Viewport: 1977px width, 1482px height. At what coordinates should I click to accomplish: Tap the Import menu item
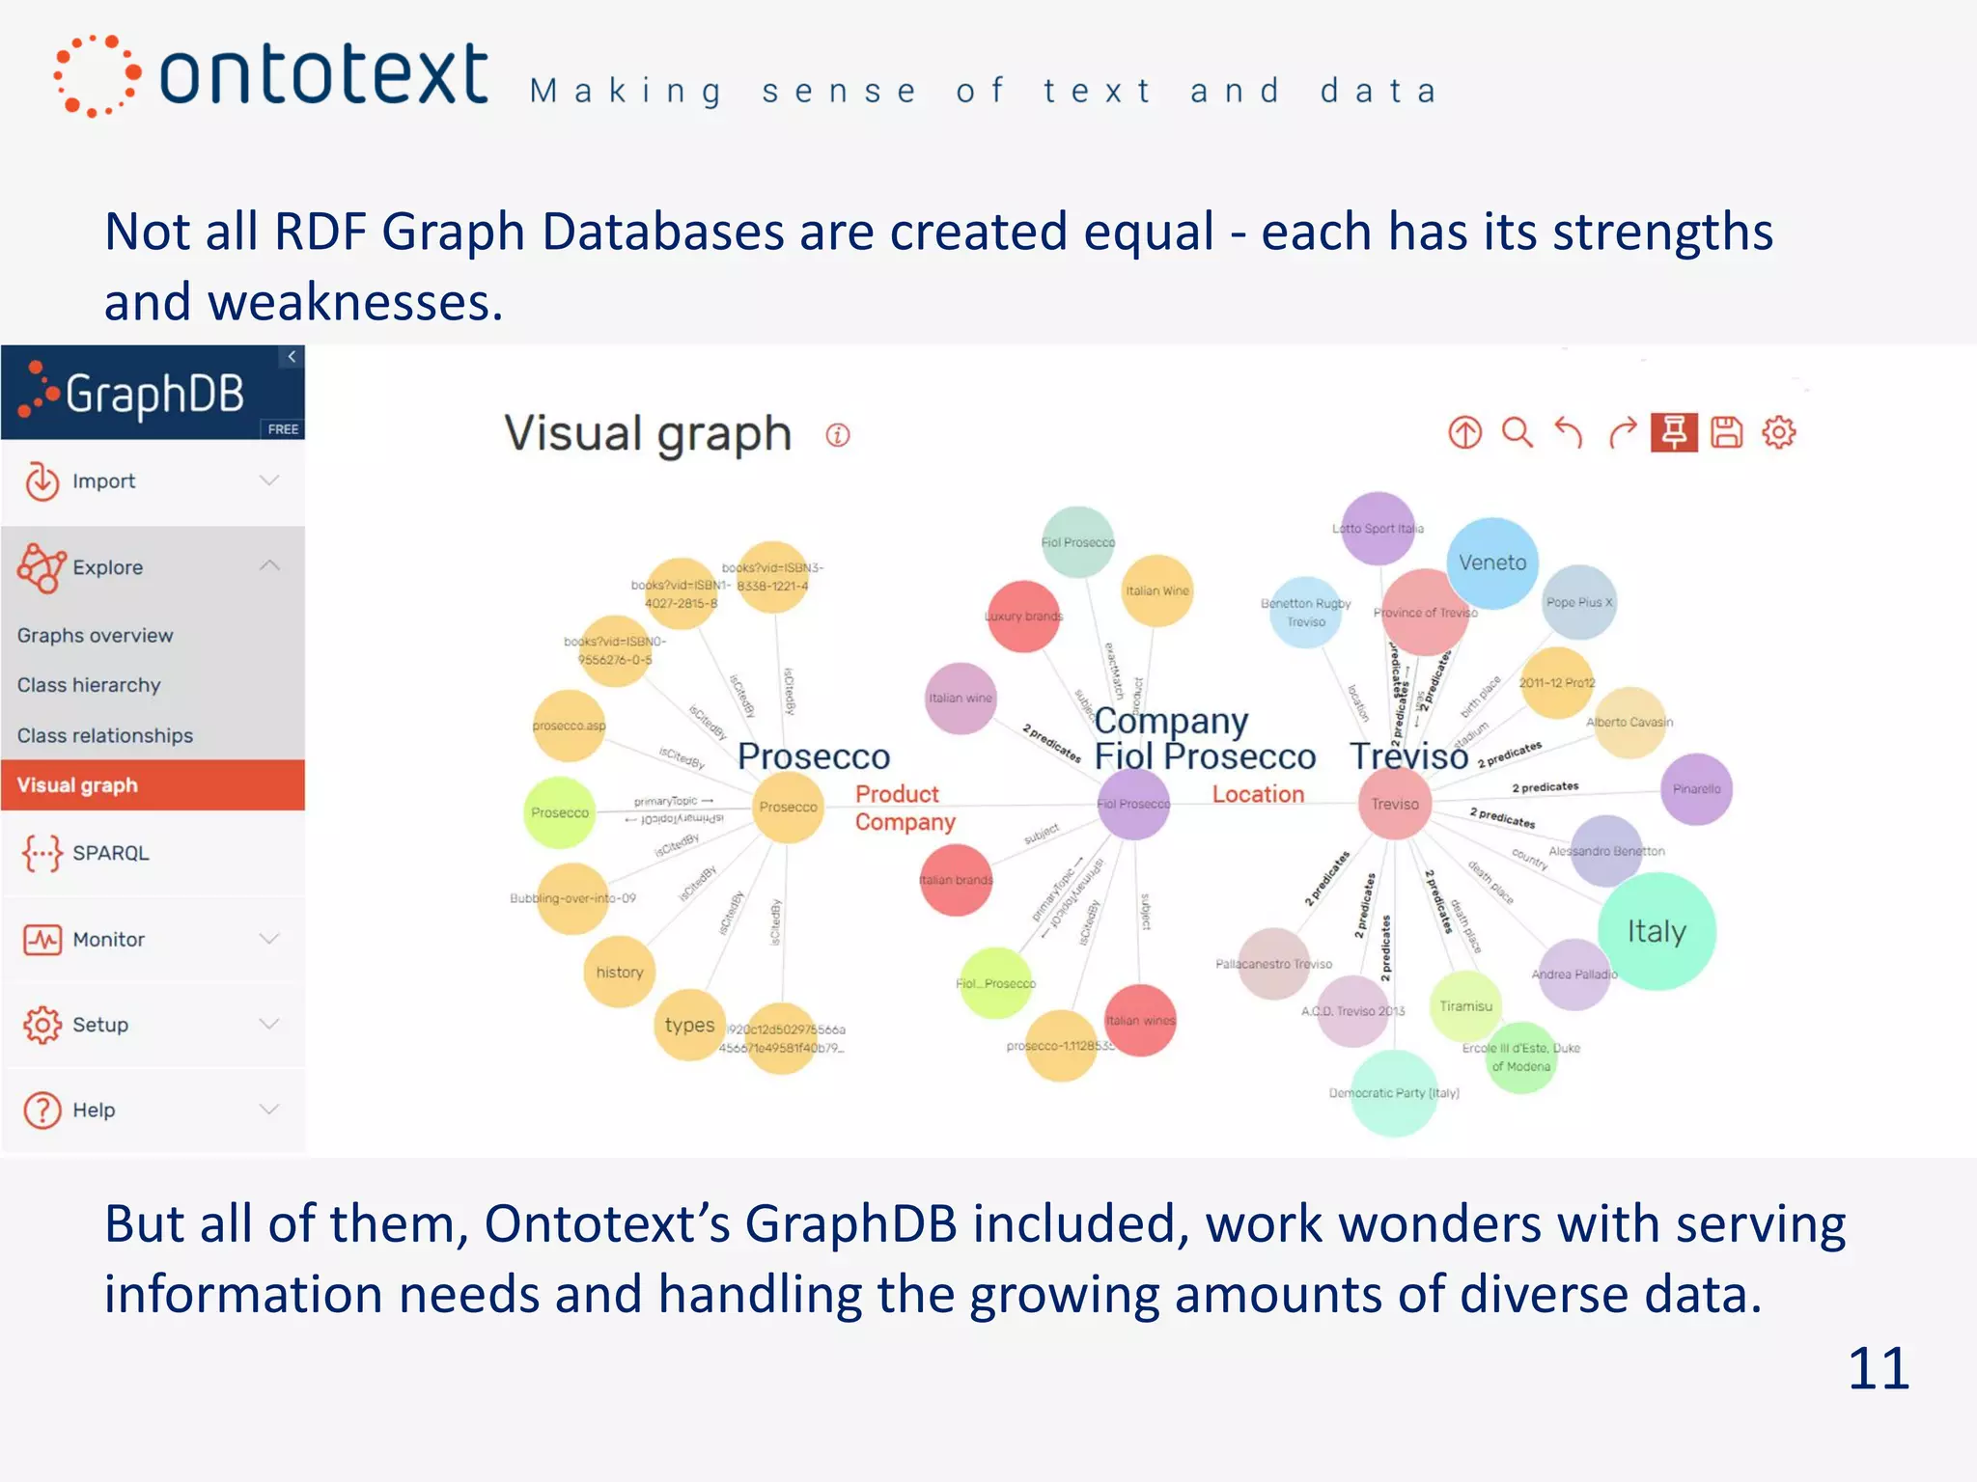[103, 480]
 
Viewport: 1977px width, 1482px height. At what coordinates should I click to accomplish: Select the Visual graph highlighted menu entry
[77, 785]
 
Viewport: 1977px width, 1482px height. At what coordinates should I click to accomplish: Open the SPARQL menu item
[110, 853]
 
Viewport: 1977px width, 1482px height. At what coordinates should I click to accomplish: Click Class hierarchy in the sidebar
[89, 685]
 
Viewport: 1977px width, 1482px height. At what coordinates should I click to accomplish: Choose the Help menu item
[94, 1110]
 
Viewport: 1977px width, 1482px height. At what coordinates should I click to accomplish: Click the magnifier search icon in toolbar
[1517, 432]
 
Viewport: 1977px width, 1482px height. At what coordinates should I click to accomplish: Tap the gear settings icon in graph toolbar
[1778, 432]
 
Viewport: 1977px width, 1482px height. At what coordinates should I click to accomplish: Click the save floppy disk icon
[1726, 432]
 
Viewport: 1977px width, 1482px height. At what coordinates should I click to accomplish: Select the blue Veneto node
[1492, 563]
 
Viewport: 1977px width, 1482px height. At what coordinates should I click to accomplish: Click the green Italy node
[1657, 931]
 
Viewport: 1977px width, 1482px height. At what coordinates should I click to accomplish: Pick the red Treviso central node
[1395, 804]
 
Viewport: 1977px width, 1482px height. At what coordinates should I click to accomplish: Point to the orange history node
[619, 972]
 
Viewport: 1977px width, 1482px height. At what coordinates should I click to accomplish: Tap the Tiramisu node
[1465, 1005]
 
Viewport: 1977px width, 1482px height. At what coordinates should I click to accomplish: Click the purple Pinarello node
[1696, 789]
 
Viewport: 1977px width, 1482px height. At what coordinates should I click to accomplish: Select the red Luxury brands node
[1023, 616]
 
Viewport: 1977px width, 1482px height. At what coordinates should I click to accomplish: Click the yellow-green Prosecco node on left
[559, 812]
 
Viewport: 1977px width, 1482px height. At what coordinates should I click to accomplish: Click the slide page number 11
[1878, 1368]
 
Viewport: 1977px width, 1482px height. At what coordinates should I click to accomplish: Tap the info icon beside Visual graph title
[838, 435]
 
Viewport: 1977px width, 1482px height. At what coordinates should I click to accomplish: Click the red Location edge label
[1258, 794]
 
